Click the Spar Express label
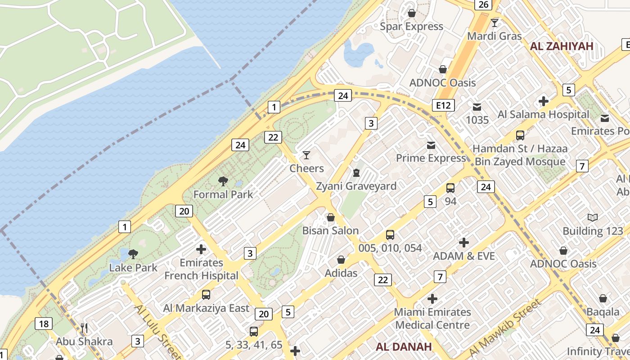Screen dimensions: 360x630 [x=411, y=27]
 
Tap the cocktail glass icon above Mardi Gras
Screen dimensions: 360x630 [x=495, y=23]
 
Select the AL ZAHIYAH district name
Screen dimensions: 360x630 [x=562, y=46]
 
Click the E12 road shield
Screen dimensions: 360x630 [x=443, y=105]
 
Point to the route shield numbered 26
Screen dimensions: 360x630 [x=483, y=4]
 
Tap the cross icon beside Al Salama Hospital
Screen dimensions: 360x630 [x=544, y=101]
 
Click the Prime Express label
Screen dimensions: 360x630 [x=431, y=158]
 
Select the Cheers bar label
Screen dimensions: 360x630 [x=306, y=168]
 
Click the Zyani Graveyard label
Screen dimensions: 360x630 [x=356, y=186]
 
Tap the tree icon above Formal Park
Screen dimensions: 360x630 [x=223, y=181]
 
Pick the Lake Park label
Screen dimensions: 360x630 [x=133, y=267]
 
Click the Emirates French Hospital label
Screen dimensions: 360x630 [x=201, y=269]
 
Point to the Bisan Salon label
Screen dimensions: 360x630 [x=330, y=230]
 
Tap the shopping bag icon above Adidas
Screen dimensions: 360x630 [x=341, y=260]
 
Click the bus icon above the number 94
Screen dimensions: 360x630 [x=450, y=188]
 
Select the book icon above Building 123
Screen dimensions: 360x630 [x=593, y=218]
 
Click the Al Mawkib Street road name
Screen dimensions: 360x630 [x=505, y=328]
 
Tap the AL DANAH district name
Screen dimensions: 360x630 [x=404, y=346]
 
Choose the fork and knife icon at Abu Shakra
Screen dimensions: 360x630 [x=84, y=328]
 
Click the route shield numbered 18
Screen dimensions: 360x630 [x=44, y=324]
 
